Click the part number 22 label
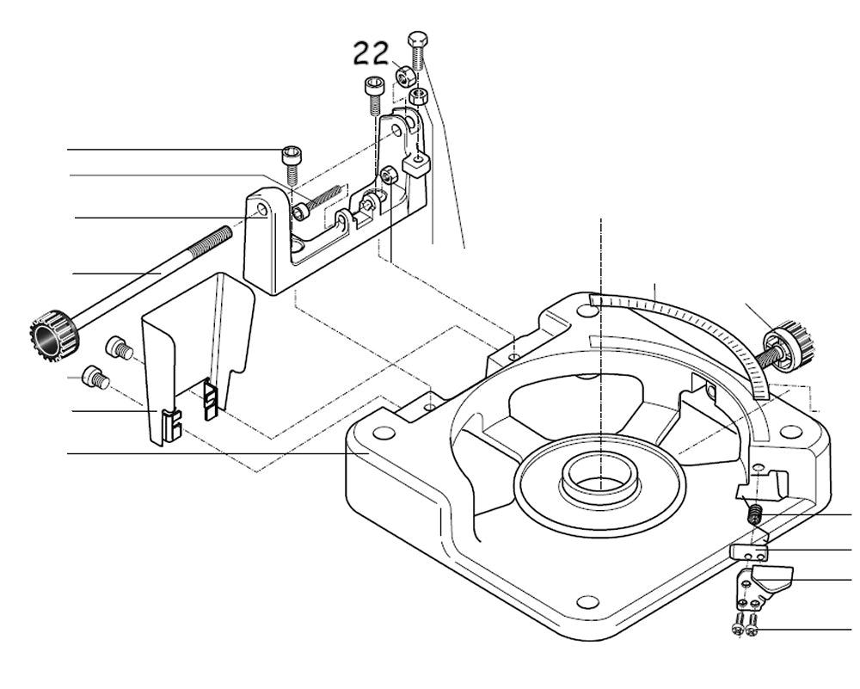tap(372, 54)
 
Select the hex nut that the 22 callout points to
tap(405, 75)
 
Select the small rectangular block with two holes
tap(749, 552)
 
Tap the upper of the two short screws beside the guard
tap(117, 348)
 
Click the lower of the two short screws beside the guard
tap(95, 377)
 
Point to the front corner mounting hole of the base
tap(587, 601)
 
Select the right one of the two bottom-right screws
tap(753, 630)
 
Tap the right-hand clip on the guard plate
tap(210, 401)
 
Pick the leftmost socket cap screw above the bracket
tap(292, 157)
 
